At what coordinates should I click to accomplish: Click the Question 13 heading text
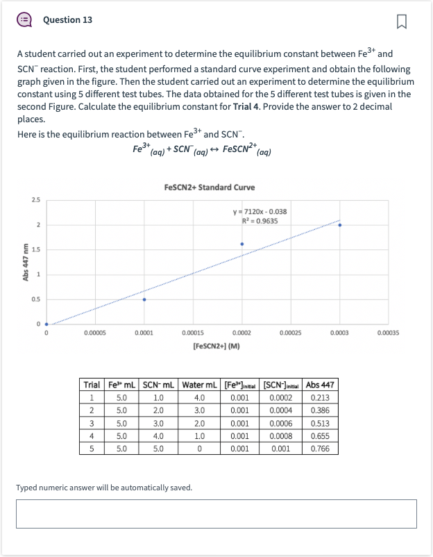click(67, 20)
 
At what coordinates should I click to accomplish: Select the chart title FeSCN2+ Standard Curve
click(210, 188)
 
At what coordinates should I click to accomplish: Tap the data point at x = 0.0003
click(339, 225)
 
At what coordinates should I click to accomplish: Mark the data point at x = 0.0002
click(241, 244)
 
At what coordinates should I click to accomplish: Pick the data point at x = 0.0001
click(144, 299)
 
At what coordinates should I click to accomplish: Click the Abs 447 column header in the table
click(321, 385)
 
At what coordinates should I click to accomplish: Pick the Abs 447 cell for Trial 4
click(321, 436)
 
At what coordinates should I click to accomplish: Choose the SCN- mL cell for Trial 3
click(158, 423)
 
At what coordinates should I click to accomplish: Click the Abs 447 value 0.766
click(321, 449)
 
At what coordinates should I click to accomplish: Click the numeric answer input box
click(216, 514)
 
